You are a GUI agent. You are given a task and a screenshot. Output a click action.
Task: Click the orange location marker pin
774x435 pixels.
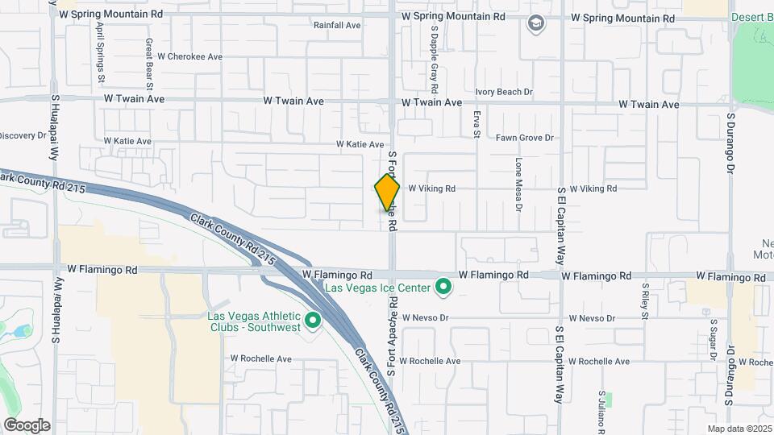(x=387, y=193)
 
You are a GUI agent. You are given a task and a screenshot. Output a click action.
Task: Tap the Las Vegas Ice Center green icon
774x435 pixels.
(x=443, y=286)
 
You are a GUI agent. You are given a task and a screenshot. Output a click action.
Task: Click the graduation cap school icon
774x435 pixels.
(x=535, y=24)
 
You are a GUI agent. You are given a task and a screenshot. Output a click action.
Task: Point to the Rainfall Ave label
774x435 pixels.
(x=337, y=25)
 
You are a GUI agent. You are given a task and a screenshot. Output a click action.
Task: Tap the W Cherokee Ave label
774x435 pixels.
(x=189, y=56)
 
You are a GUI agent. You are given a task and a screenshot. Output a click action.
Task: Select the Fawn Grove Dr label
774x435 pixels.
(x=524, y=138)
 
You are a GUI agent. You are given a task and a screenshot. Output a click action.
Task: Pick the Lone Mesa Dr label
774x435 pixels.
(x=519, y=184)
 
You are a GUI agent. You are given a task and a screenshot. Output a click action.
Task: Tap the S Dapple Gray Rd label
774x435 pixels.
(x=434, y=58)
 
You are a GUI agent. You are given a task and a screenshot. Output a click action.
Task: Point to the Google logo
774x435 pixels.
(x=27, y=425)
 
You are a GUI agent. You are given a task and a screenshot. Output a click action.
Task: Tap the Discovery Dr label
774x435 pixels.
(x=23, y=135)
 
